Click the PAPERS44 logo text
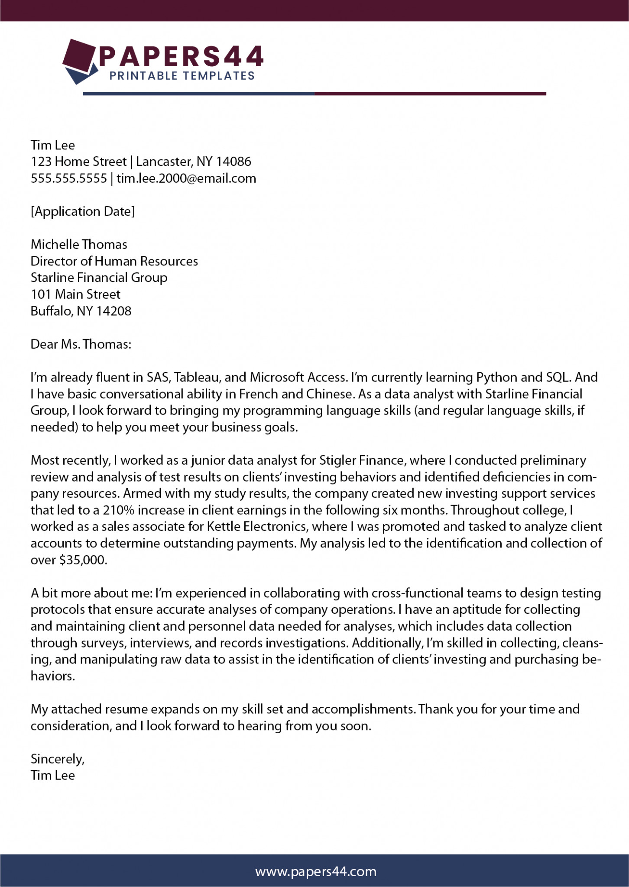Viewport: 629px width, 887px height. pos(181,56)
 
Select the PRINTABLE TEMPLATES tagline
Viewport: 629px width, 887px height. pos(182,76)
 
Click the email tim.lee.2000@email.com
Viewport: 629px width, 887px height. pos(186,178)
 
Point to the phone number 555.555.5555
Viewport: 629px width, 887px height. pos(68,178)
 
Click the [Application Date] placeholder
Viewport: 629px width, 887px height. pos(83,211)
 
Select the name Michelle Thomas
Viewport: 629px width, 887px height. pos(79,244)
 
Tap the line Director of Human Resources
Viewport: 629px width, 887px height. pos(114,261)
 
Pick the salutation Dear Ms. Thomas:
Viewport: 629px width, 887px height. pos(81,344)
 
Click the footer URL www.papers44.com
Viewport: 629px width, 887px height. pos(316,871)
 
